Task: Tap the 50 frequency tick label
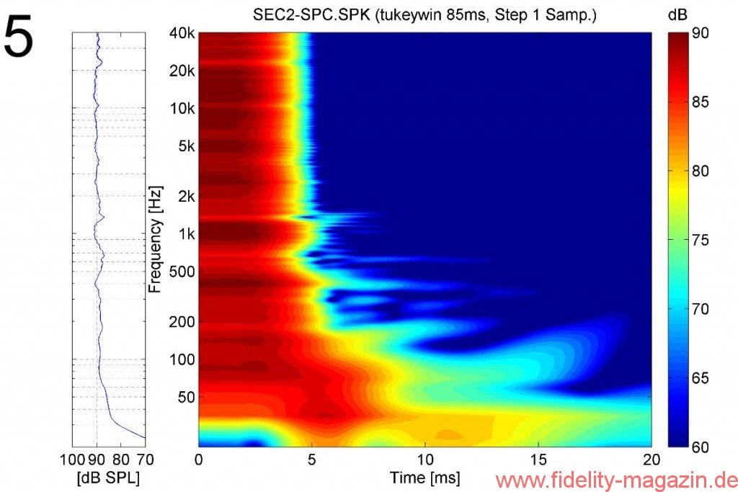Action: [187, 397]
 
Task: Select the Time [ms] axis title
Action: [425, 477]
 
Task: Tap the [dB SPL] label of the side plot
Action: [108, 477]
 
